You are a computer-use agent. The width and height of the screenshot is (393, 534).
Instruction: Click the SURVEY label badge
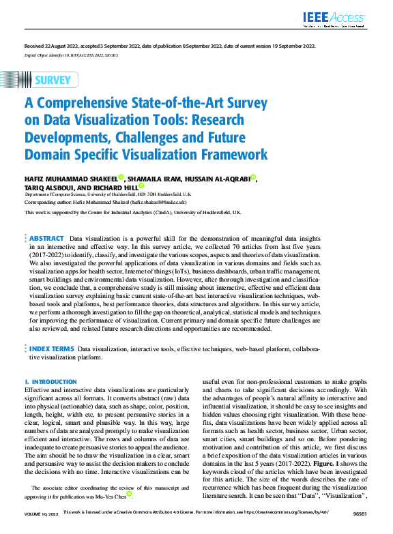(52, 80)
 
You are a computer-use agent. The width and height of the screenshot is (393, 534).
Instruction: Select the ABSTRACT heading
(46, 239)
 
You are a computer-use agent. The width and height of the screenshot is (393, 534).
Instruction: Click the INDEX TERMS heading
(53, 348)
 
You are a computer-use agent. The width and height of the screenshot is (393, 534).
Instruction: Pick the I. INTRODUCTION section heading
(50, 382)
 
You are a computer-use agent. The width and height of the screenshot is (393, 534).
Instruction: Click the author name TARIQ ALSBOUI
(48, 186)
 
